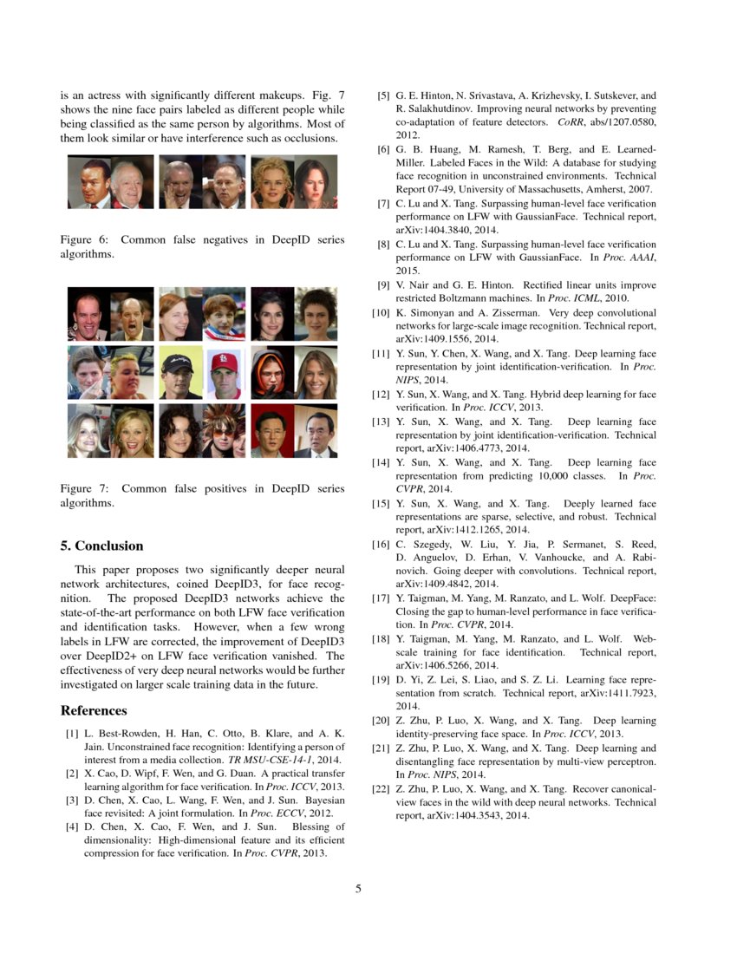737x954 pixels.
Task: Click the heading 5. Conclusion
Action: coord(101,546)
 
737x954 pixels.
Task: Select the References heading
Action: coord(94,710)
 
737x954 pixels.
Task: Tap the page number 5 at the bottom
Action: coord(357,888)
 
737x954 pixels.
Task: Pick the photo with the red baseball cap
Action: coord(225,373)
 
